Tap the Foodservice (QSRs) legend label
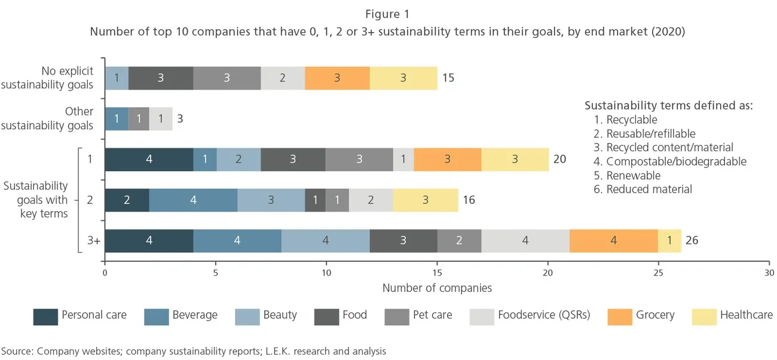point(544,315)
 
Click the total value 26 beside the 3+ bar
point(692,241)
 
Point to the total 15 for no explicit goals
point(448,78)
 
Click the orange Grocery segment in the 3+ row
point(613,241)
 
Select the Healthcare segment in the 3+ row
point(669,241)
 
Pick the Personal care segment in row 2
point(127,200)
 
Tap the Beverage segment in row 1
point(205,159)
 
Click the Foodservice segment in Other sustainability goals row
point(160,118)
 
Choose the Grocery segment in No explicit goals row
point(337,78)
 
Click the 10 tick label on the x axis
point(326,273)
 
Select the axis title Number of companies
point(437,288)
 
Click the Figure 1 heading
point(387,13)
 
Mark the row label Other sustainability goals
point(47,118)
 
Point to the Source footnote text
point(194,351)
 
